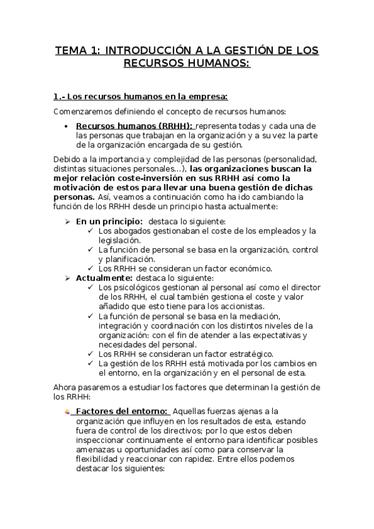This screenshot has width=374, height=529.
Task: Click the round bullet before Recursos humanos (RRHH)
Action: (x=67, y=125)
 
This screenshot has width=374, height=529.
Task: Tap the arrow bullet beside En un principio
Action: (x=67, y=221)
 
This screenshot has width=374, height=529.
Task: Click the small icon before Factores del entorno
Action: (x=67, y=412)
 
